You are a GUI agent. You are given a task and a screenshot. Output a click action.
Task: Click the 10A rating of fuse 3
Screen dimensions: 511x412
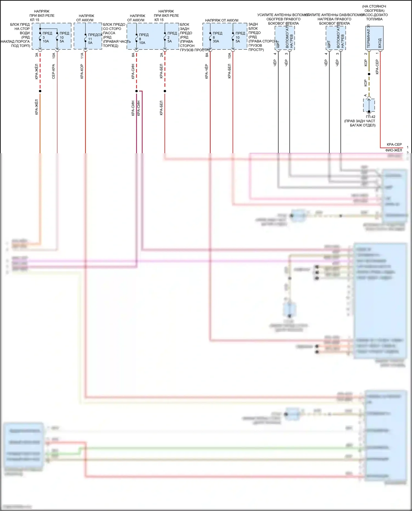tap(46, 41)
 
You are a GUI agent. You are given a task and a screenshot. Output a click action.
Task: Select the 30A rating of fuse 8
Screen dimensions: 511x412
tap(216, 41)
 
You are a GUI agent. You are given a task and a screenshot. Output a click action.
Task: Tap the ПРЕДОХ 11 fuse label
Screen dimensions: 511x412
tap(95, 35)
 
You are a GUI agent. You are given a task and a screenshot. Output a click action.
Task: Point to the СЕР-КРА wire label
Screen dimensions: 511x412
tap(54, 71)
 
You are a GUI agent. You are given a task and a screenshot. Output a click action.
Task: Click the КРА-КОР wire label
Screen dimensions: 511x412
tap(82, 71)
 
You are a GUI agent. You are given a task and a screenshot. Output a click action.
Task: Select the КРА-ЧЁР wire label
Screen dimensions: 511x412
tap(207, 71)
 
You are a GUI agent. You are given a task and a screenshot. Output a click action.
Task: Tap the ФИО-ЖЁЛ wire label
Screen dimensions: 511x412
tap(394, 150)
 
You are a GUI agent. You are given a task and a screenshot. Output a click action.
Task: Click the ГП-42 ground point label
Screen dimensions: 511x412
tap(371, 117)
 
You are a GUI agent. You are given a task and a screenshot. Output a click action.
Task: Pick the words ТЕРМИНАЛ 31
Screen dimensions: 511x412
tap(369, 37)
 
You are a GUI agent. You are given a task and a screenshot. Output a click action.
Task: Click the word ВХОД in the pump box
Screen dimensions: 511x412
tap(380, 43)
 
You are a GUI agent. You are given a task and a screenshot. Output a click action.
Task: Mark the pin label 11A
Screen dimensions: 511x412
tap(82, 55)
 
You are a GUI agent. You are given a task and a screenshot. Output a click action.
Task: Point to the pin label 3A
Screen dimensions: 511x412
tap(37, 55)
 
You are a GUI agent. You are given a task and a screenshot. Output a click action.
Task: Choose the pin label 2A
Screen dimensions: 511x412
tap(162, 55)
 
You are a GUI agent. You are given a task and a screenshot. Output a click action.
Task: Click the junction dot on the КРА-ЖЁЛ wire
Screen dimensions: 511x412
tap(40, 91)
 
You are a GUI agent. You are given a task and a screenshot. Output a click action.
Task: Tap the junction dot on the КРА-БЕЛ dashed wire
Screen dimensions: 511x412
tap(165, 91)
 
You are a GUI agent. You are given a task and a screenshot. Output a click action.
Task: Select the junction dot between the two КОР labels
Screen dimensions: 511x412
tap(369, 74)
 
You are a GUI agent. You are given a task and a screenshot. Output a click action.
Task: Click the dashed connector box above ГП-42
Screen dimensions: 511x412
tap(369, 105)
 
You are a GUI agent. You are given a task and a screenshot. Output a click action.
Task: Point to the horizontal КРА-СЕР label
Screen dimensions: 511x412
tap(394, 144)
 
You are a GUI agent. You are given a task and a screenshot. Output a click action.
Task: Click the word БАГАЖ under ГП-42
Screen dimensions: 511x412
tap(356, 125)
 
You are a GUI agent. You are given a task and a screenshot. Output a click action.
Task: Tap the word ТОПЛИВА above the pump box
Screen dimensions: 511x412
tap(374, 19)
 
